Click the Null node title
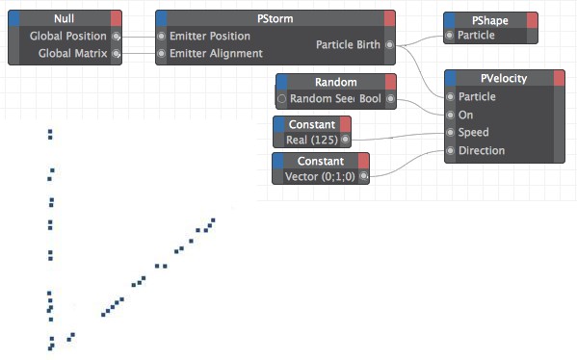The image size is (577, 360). (x=64, y=18)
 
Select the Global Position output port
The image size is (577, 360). (x=116, y=36)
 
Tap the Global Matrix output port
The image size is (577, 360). (x=116, y=53)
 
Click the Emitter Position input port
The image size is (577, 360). (x=161, y=36)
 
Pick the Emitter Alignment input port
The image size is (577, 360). (x=161, y=53)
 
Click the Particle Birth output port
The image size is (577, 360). (x=389, y=45)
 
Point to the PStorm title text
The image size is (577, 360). (x=275, y=18)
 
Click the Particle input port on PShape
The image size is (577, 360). (x=449, y=36)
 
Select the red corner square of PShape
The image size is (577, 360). (x=532, y=20)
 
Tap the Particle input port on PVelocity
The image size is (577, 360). (x=451, y=96)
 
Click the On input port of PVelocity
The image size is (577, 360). (x=451, y=116)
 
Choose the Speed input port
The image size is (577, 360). (x=451, y=133)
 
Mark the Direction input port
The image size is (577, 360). (x=451, y=150)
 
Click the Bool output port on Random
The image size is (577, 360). (x=390, y=98)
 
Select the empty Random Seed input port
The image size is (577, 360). (x=282, y=98)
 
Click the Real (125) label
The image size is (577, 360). (x=312, y=141)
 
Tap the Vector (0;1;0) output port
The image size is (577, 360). (x=363, y=176)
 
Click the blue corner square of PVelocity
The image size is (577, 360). (x=451, y=78)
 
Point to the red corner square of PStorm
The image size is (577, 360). (x=390, y=18)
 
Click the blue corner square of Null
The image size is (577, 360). (x=14, y=18)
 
